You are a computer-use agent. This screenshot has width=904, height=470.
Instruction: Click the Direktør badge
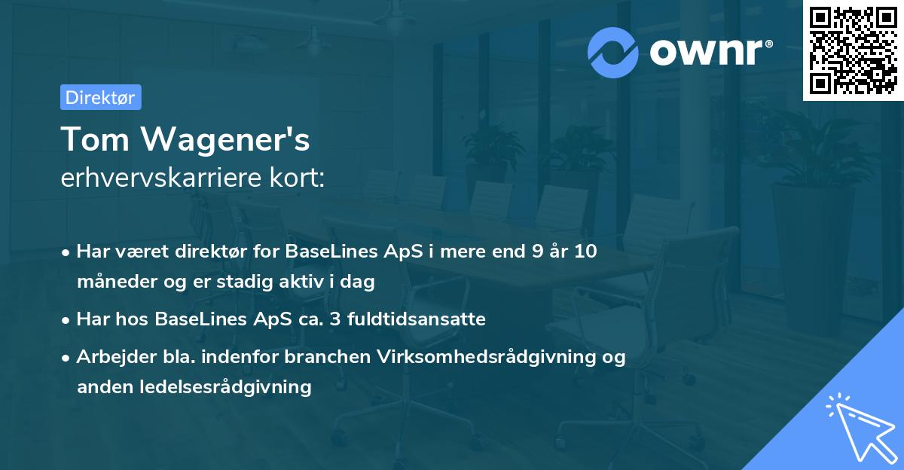pyautogui.click(x=100, y=97)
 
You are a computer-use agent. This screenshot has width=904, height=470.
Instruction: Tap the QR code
pyautogui.click(x=854, y=50)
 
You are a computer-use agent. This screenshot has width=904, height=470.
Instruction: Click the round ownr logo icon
pyautogui.click(x=613, y=52)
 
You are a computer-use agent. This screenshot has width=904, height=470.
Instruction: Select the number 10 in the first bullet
pyautogui.click(x=585, y=252)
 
